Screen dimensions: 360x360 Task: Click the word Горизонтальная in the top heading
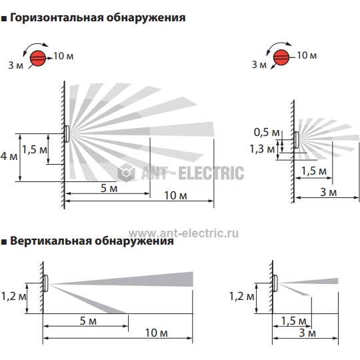point(57,18)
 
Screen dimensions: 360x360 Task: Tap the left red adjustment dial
point(38,58)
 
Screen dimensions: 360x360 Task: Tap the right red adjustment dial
point(281,57)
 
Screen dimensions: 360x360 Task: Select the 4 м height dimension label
point(9,157)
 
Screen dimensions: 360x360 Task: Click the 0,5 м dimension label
point(267,132)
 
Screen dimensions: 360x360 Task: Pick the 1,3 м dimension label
point(262,149)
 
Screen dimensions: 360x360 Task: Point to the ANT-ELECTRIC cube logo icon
point(126,173)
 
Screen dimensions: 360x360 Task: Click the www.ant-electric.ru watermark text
point(183,233)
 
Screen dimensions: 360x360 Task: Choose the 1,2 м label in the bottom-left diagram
point(14,297)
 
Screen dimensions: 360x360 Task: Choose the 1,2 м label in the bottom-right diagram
point(242,297)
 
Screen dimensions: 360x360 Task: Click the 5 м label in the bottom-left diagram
point(88,321)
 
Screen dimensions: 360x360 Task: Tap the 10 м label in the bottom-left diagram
point(157,333)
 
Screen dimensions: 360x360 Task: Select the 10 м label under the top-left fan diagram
point(175,195)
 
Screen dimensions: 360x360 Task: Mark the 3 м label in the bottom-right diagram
point(307,333)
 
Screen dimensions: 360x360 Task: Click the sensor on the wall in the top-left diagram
point(67,134)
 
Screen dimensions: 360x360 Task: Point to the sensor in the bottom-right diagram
point(275,283)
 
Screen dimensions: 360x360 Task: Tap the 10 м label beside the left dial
point(63,56)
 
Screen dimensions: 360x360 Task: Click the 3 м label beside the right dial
point(259,65)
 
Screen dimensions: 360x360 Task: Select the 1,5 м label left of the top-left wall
point(35,150)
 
